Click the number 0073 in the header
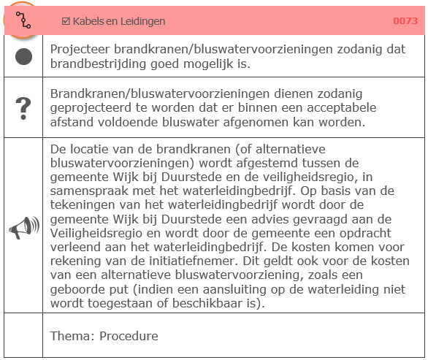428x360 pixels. (405, 21)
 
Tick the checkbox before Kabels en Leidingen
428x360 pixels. (66, 21)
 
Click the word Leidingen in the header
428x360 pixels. (141, 21)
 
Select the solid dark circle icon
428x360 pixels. (23, 57)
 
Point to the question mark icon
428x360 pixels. (23, 109)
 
